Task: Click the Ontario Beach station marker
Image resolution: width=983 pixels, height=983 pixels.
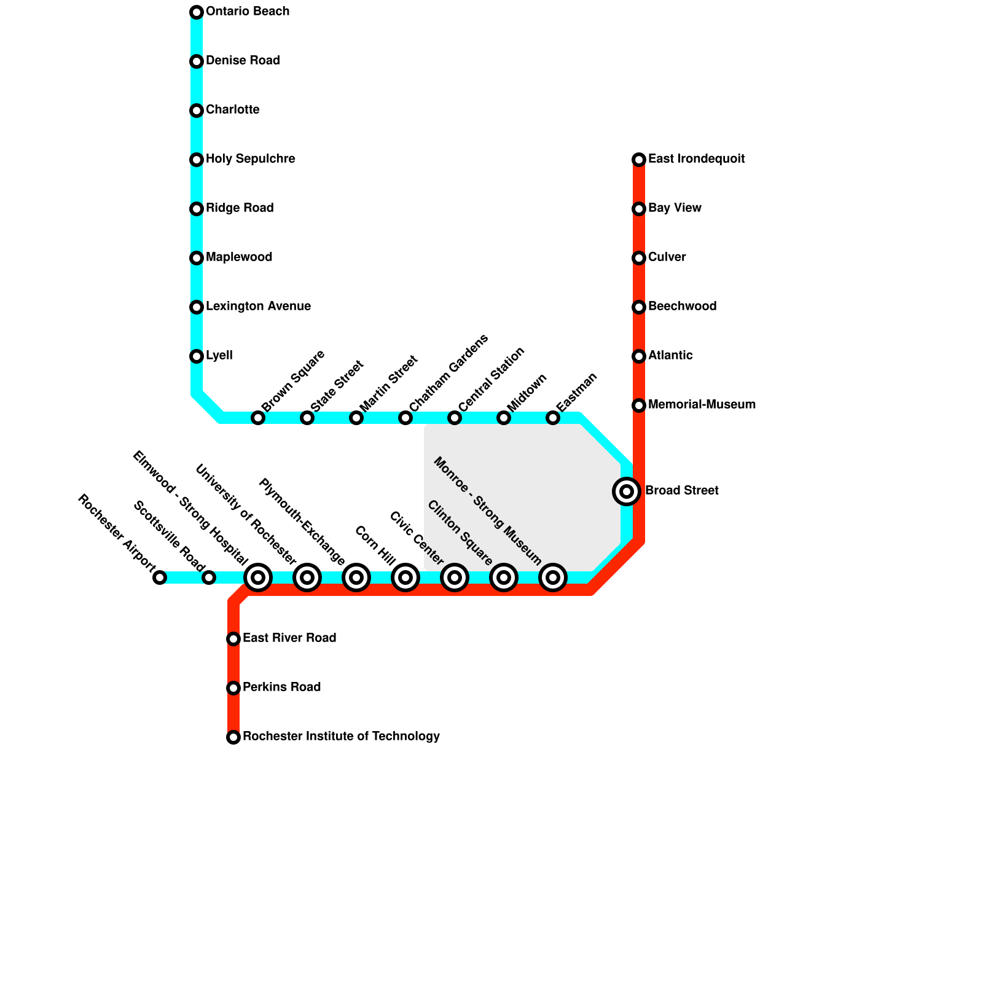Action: pos(197,12)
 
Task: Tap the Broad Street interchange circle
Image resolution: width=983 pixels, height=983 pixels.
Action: pos(627,491)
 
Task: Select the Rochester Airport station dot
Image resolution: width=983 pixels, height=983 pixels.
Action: pos(160,578)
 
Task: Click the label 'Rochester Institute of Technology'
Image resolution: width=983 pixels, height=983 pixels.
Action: pos(341,737)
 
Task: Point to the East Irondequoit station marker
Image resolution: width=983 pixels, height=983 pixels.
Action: pos(639,160)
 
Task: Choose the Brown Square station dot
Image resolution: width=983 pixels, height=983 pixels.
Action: pos(258,418)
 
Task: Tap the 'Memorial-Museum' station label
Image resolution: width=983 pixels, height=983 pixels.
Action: pos(702,405)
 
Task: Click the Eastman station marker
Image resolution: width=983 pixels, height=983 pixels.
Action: pos(553,418)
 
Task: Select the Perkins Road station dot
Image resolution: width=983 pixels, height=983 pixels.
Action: pos(233,688)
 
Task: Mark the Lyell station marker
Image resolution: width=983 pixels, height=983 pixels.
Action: pos(197,356)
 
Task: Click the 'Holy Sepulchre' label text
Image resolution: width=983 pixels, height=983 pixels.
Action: pos(250,159)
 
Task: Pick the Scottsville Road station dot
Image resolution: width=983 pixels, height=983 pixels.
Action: pos(209,578)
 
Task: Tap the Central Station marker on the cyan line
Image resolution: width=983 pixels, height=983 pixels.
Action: pos(455,418)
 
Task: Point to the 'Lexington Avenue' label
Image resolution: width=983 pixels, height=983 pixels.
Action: pos(258,307)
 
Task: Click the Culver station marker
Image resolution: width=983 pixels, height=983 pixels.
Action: pos(639,258)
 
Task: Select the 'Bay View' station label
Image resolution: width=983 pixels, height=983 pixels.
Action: pos(675,208)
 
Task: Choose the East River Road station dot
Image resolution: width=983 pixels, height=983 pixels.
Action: pos(233,639)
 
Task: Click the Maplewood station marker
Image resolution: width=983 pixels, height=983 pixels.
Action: pos(197,258)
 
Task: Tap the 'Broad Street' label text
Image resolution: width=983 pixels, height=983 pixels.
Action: pos(682,491)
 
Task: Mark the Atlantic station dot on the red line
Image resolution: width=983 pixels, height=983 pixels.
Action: pos(639,356)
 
